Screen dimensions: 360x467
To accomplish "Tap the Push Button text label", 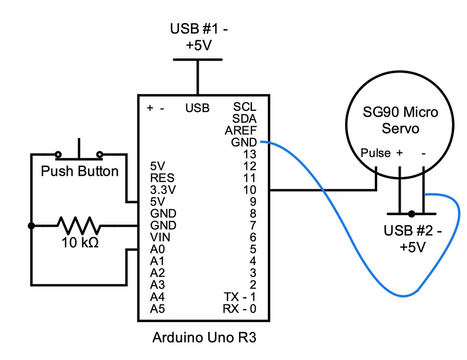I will tap(80, 171).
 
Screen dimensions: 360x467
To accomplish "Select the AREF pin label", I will tap(240, 130).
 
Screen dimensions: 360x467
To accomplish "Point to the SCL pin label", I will tap(245, 107).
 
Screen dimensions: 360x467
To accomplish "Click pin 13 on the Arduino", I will tap(250, 155).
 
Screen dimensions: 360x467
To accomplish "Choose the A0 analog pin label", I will tap(157, 249).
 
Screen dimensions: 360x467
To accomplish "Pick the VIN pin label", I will tap(160, 237).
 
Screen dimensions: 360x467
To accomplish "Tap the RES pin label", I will tap(161, 178).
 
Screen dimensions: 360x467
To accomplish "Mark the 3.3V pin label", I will tap(163, 190).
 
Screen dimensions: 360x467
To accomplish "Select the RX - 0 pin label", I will tap(239, 308).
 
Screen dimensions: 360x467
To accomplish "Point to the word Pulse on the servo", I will tap(376, 154).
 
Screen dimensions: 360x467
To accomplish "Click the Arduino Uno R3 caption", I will tap(204, 338).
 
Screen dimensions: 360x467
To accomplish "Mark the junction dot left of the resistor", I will tap(32, 226).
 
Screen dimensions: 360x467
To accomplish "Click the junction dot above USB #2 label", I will tap(411, 214).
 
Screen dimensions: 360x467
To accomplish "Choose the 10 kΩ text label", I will tap(80, 243).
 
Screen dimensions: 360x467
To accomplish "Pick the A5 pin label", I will tap(157, 308).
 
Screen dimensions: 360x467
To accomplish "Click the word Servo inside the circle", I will tap(400, 129).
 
